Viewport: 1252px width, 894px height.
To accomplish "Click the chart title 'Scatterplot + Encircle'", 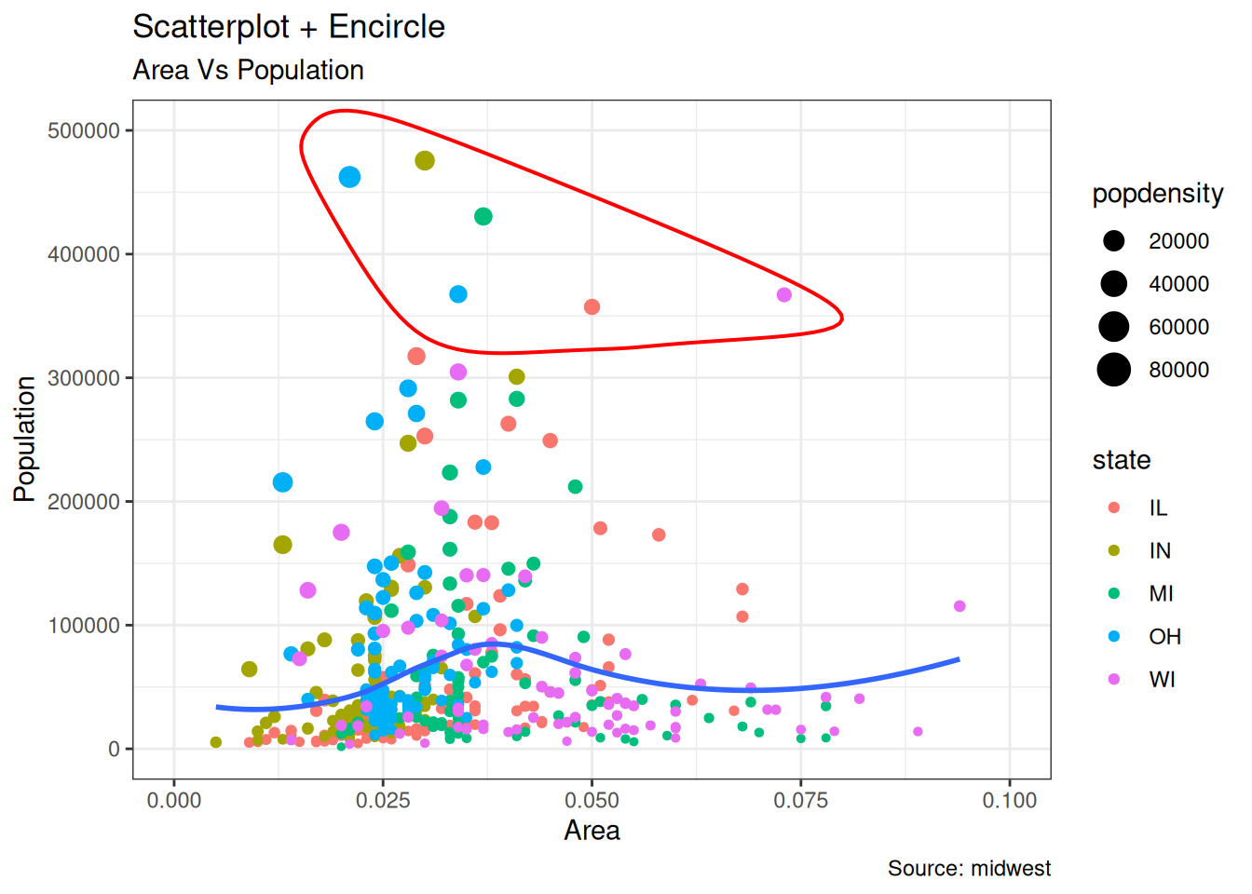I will pyautogui.click(x=289, y=27).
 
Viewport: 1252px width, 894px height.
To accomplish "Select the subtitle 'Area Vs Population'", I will pyautogui.click(x=248, y=70).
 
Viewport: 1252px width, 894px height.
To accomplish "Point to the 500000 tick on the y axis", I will pyautogui.click(x=84, y=131).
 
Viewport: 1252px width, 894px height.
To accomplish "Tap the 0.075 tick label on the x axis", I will pyautogui.click(x=800, y=801).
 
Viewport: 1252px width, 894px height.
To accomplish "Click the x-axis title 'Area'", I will pyautogui.click(x=592, y=831).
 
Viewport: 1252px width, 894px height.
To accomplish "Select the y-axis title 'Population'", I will pyautogui.click(x=25, y=439).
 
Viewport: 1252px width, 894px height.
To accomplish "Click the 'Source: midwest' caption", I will pyautogui.click(x=969, y=869).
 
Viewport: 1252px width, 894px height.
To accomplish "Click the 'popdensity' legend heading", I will pyautogui.click(x=1158, y=194).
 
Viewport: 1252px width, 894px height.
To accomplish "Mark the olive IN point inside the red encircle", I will pyautogui.click(x=425, y=161).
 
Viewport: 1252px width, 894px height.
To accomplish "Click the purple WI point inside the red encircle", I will pyautogui.click(x=784, y=295).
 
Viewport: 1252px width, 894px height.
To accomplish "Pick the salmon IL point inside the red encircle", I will pyautogui.click(x=592, y=307).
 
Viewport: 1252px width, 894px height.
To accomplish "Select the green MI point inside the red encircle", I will pyautogui.click(x=483, y=217).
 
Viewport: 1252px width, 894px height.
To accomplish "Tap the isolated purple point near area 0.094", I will pyautogui.click(x=959, y=606).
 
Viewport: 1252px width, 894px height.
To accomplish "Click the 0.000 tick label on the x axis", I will pyautogui.click(x=174, y=801).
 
